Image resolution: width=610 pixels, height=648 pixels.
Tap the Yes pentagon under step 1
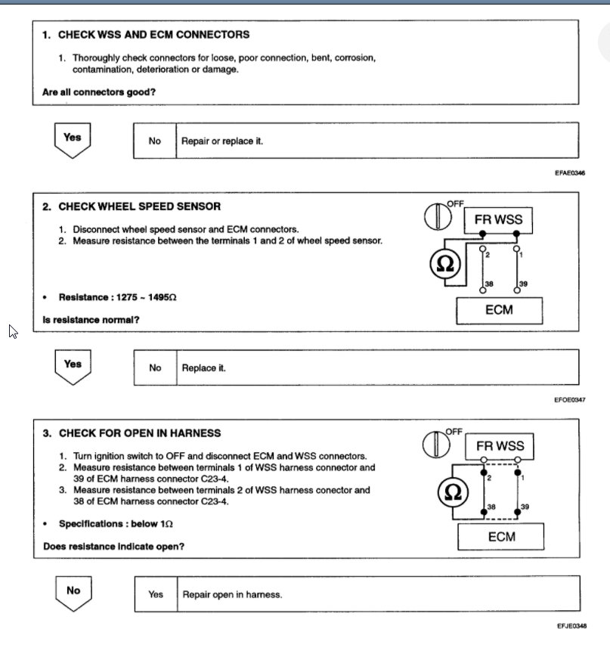pyautogui.click(x=72, y=140)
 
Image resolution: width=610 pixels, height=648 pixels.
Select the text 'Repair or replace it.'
pyautogui.click(x=222, y=141)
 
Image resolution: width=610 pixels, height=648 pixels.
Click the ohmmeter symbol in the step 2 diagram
pyautogui.click(x=445, y=265)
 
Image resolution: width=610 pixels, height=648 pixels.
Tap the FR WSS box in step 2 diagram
pyautogui.click(x=497, y=220)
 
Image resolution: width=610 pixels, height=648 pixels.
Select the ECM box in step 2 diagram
pyautogui.click(x=500, y=309)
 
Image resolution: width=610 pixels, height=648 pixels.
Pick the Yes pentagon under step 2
pyautogui.click(x=72, y=366)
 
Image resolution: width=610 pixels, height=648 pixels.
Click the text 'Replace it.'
pyautogui.click(x=204, y=368)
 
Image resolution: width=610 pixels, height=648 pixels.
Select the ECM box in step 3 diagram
pyautogui.click(x=501, y=537)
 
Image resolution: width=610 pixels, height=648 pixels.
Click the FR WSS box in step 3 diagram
pyautogui.click(x=500, y=446)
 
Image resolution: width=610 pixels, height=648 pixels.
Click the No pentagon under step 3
pyautogui.click(x=73, y=592)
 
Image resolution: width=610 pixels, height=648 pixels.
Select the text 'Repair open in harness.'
pyautogui.click(x=232, y=595)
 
